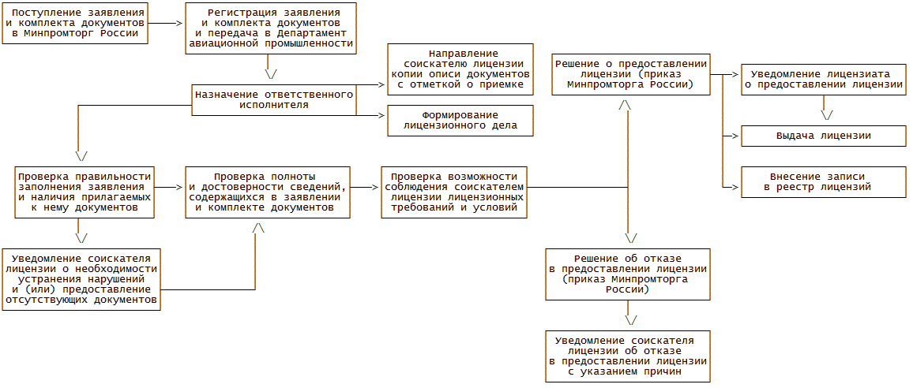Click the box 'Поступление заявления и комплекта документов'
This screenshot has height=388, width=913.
coord(74,23)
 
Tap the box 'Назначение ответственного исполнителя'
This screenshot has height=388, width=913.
coord(272,99)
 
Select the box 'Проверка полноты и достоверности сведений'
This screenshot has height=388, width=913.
coord(267,192)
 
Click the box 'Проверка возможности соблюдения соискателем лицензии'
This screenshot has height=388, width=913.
coord(453,192)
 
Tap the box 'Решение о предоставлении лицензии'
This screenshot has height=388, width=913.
coord(630,74)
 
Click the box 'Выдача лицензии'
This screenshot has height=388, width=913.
coord(824,136)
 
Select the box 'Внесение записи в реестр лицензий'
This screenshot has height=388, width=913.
coord(824,181)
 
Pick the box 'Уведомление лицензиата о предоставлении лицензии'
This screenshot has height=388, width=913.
coord(824,79)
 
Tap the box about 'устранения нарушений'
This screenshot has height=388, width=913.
coord(81,279)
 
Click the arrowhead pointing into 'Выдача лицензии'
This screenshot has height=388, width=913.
coord(736,136)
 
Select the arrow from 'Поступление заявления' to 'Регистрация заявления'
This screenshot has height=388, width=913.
coord(166,23)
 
